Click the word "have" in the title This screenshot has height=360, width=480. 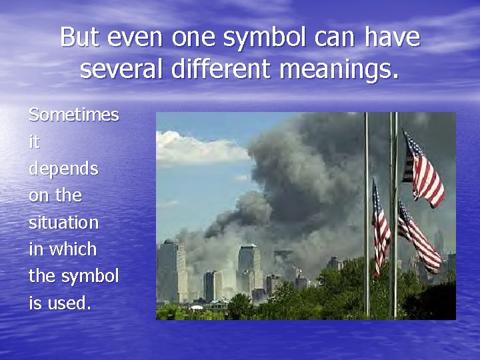tap(393, 37)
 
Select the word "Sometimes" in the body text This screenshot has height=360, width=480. tap(74, 115)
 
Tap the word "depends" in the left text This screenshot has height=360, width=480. tap(63, 169)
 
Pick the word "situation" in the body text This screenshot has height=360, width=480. tap(63, 223)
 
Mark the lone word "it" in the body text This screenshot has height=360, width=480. tap(35, 142)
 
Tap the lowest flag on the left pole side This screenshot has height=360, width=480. tap(381, 227)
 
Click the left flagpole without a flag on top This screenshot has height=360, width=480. tap(367, 213)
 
